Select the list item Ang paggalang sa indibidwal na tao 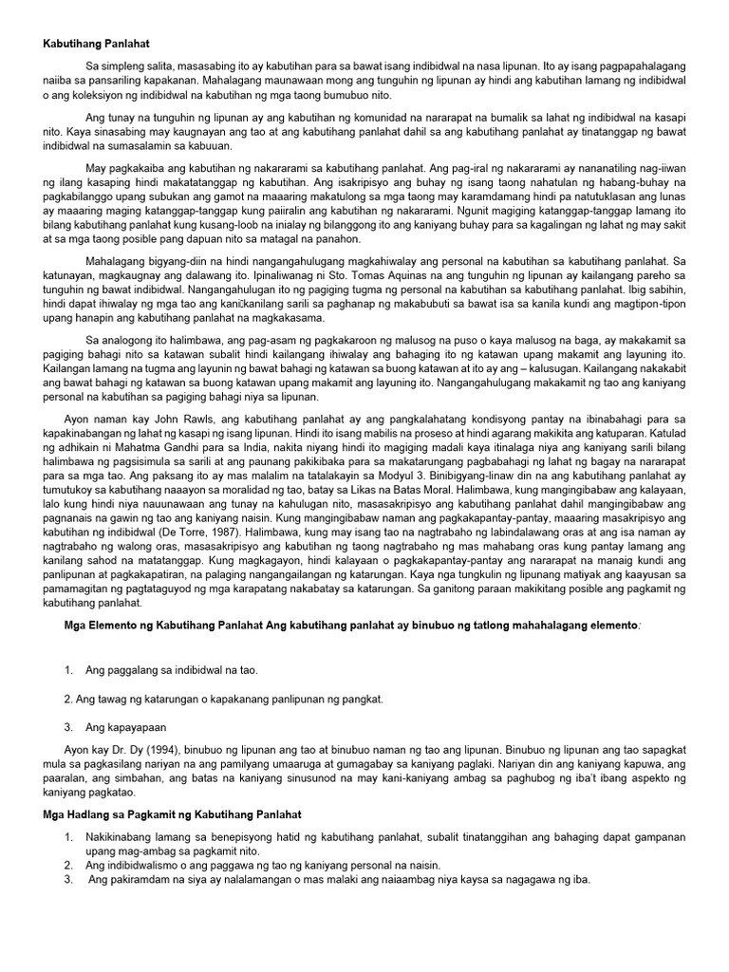[x=171, y=670]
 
